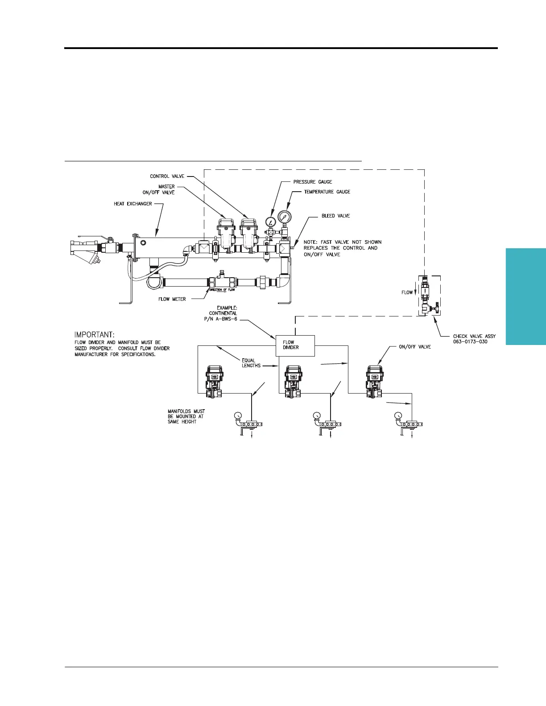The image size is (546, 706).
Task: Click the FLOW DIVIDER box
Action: pyautogui.click(x=295, y=345)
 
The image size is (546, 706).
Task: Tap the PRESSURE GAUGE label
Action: pyautogui.click(x=312, y=182)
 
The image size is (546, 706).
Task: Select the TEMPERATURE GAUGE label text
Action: pyautogui.click(x=327, y=192)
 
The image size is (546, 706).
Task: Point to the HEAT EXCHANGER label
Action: pyautogui.click(x=133, y=204)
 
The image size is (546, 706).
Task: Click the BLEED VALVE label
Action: pyautogui.click(x=336, y=216)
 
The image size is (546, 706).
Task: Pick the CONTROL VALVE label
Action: pyautogui.click(x=167, y=176)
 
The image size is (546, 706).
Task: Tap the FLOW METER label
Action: pyautogui.click(x=172, y=299)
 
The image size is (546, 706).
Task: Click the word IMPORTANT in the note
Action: pyautogui.click(x=94, y=334)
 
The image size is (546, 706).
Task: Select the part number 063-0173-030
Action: pyautogui.click(x=470, y=341)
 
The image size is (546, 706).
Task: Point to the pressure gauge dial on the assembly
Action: pyautogui.click(x=270, y=222)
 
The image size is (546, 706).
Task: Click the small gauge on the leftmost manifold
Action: pyautogui.click(x=237, y=416)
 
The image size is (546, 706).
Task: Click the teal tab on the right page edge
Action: pyautogui.click(x=526, y=296)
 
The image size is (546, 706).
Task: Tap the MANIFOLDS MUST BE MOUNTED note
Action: pyautogui.click(x=186, y=416)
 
